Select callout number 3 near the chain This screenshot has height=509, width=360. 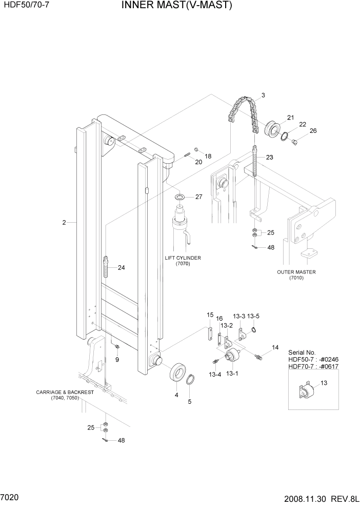263,95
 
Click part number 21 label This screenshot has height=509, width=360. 290,118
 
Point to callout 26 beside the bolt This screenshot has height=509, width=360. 313,130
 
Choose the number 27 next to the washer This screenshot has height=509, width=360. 198,197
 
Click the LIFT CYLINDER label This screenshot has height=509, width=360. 183,258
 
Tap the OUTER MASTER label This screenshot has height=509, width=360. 296,272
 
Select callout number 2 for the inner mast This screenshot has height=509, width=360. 64,222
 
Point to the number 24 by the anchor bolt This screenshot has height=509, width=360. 121,267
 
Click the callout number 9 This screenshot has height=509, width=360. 117,360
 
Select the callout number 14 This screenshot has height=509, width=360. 275,347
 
